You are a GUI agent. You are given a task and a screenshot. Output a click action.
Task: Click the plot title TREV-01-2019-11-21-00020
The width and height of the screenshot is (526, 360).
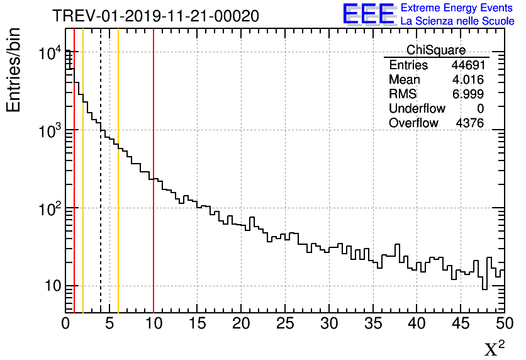[155, 16]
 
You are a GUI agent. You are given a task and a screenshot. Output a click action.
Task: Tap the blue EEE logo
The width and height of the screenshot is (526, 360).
[369, 14]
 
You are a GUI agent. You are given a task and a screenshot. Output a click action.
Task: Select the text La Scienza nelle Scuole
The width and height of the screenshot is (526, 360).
[457, 21]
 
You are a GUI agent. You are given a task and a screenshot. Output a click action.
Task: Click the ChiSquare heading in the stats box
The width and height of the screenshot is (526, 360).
[436, 50]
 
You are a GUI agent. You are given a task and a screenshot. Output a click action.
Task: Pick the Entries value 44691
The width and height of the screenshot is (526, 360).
[467, 65]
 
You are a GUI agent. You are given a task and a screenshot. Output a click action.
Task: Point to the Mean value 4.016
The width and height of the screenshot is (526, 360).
[467, 80]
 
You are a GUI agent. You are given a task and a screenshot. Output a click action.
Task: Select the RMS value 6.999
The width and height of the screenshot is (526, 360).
[467, 94]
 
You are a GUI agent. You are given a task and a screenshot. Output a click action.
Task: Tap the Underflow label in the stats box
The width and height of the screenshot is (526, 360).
[417, 109]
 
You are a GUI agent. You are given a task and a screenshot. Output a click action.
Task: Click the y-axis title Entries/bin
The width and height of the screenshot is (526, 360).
[14, 70]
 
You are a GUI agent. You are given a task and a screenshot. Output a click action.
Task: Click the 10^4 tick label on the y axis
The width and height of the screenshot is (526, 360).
[49, 53]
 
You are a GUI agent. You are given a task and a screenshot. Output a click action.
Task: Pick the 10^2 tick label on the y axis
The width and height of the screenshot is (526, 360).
[49, 209]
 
